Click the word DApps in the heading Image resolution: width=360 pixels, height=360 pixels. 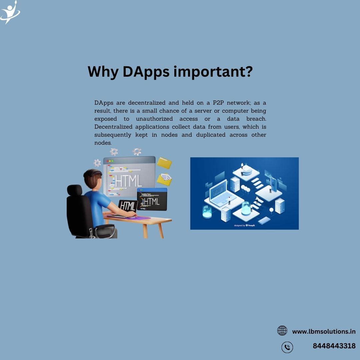tap(146, 72)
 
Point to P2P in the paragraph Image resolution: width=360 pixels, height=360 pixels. tap(218, 103)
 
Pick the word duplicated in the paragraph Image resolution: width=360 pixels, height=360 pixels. tap(211, 135)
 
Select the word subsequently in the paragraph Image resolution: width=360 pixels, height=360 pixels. tap(113, 135)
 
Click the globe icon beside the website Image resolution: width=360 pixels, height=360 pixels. tap(282, 331)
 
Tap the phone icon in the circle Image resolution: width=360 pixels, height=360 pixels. tap(287, 347)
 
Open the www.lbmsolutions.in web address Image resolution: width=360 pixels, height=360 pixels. tap(324, 332)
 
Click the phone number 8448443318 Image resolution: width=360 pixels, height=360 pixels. tap(334, 346)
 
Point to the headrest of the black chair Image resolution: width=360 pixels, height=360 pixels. tap(75, 190)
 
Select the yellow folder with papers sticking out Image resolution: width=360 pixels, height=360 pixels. tap(164, 179)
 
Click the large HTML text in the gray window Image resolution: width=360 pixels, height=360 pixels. tap(128, 181)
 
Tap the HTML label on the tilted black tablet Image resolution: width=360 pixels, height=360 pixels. tap(128, 206)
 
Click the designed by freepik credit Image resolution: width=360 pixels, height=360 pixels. tap(244, 225)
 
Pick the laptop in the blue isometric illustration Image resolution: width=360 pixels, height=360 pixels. tap(222, 193)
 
